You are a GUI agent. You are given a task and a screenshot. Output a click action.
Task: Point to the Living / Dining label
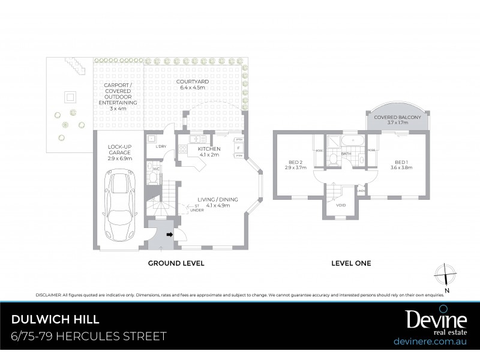tap(221, 202)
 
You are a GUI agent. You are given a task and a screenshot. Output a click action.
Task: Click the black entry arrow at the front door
tap(170, 235)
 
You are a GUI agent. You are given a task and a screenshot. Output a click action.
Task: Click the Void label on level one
tap(341, 205)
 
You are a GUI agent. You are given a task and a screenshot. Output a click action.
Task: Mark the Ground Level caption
tap(176, 263)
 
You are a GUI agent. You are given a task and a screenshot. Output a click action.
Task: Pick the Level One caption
tap(351, 263)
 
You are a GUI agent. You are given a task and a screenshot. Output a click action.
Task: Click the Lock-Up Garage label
tap(120, 152)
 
